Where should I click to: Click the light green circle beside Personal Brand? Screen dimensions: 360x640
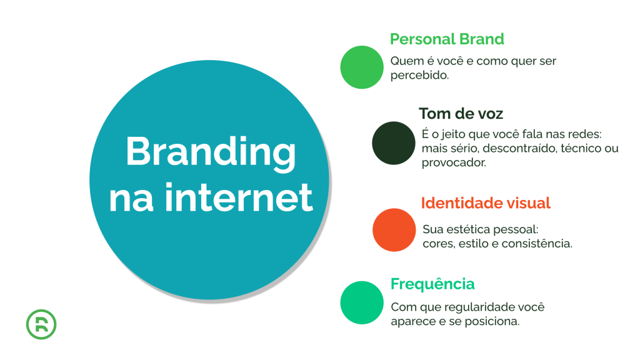[361, 67]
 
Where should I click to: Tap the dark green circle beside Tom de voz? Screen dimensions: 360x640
[394, 142]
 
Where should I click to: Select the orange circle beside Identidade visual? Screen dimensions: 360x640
[394, 230]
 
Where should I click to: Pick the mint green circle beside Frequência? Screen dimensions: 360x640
[361, 302]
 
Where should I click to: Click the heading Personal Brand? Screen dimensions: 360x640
[446, 39]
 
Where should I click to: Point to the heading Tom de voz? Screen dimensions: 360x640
[461, 114]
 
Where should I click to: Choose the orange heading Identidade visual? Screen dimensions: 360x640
[486, 203]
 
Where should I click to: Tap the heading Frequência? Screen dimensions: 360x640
[432, 284]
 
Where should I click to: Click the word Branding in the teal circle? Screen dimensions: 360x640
[210, 152]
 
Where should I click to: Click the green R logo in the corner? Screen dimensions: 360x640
[42, 324]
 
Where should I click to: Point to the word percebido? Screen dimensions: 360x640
[419, 75]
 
